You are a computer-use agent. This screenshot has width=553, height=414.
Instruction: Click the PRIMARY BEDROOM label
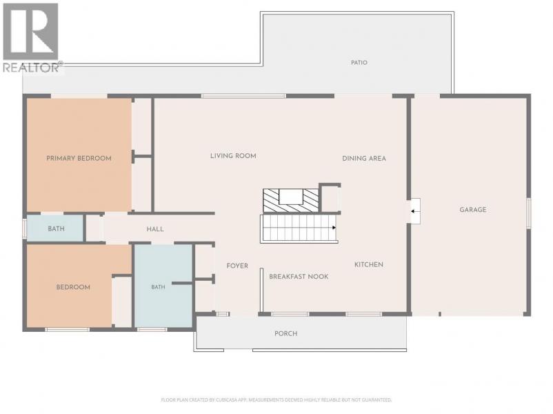tap(79, 159)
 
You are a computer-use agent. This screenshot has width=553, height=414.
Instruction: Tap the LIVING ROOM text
tap(233, 156)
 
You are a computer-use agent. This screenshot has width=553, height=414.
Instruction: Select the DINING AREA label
tap(364, 159)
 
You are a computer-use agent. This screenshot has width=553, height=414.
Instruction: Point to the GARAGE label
tap(473, 210)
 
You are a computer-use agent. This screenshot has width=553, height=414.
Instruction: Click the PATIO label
tap(359, 63)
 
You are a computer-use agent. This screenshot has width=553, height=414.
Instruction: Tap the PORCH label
tap(286, 333)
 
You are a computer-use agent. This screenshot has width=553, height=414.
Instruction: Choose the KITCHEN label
tap(369, 265)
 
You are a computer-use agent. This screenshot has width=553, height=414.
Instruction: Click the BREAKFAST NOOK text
tap(299, 277)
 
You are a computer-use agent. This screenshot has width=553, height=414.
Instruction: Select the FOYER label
tap(237, 266)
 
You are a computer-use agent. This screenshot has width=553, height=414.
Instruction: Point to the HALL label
tap(155, 229)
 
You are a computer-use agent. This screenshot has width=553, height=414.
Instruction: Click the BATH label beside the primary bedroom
tap(56, 228)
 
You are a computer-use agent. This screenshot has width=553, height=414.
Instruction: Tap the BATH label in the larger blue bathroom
tap(158, 287)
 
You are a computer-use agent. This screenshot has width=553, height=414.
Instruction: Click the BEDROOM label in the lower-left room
tap(73, 287)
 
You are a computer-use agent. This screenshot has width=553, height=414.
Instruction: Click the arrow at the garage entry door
tap(415, 211)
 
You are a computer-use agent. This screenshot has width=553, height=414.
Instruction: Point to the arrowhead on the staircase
tap(334, 228)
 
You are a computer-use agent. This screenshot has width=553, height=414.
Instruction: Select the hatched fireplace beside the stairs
tap(291, 201)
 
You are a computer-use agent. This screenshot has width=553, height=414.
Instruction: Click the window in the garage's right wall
tap(528, 213)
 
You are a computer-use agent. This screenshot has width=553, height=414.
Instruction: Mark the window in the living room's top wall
tap(243, 96)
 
